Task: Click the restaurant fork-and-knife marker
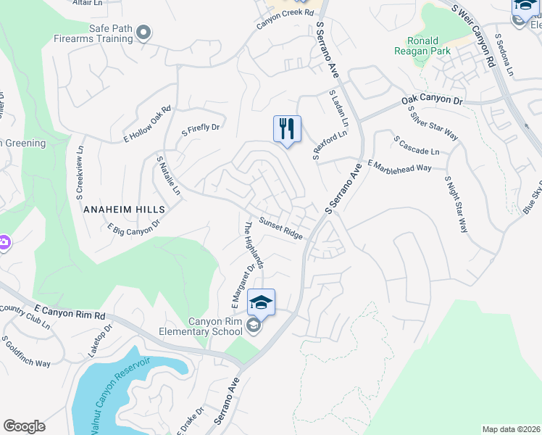tap(287, 130)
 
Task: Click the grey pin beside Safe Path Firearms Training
tap(143, 32)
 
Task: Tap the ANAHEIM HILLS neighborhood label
tap(125, 209)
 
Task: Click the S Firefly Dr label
tap(200, 129)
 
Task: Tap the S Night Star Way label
tap(456, 204)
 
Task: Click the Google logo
tap(24, 426)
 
